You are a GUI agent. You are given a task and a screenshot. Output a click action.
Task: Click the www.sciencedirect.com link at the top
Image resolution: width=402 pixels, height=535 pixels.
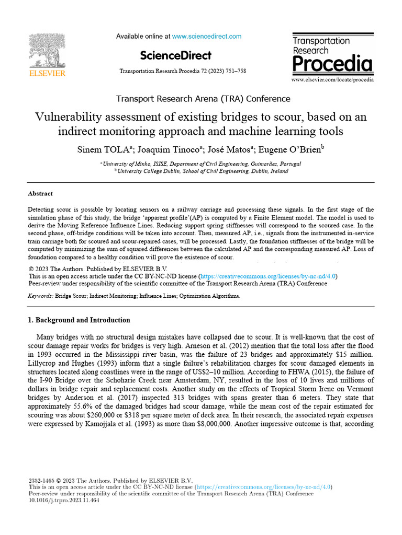[207, 37]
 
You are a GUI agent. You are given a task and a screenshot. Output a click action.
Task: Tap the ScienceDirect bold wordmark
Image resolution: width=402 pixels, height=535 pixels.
[176, 55]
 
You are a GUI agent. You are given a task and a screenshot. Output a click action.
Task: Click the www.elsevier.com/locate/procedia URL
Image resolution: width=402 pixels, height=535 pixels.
[332, 80]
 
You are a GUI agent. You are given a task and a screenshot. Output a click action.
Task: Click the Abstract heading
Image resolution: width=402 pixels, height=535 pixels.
[40, 193]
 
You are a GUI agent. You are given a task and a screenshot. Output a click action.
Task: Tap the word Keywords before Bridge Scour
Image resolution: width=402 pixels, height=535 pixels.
[40, 296]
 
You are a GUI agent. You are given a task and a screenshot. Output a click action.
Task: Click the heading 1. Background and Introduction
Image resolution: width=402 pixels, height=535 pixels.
[79, 320]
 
